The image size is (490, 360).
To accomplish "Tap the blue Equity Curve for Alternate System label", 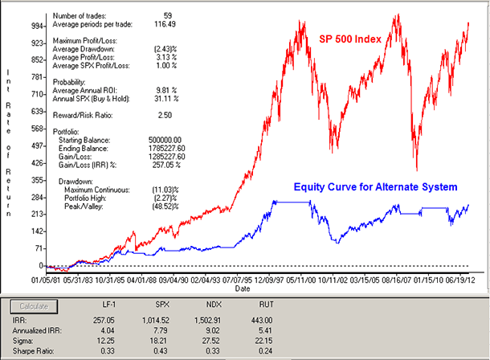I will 375,186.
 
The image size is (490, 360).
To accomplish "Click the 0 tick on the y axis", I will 40,265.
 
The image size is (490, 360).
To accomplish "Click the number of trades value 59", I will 166,14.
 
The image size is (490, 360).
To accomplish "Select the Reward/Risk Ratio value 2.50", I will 164,116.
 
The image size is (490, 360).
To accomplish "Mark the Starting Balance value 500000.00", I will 165,138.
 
